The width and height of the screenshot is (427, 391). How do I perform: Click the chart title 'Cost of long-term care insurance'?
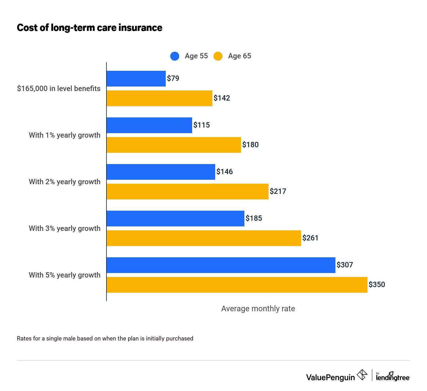tap(89, 28)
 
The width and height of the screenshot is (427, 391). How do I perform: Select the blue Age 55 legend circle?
tap(175, 56)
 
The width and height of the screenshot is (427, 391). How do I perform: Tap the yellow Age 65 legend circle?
tap(218, 56)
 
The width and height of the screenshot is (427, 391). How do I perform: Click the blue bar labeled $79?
tap(136, 79)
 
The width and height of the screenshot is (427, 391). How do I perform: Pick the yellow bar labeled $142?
tap(160, 98)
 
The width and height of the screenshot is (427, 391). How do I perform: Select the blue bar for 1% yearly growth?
tap(149, 125)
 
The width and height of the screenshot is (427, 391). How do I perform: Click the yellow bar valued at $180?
tap(174, 145)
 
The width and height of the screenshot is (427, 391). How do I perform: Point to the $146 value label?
tap(224, 172)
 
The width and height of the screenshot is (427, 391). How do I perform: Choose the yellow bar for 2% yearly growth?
tap(188, 192)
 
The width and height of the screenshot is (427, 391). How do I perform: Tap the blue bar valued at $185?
tap(176, 219)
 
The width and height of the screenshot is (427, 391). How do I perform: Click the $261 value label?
tap(310, 238)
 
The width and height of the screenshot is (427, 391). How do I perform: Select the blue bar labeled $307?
tap(221, 265)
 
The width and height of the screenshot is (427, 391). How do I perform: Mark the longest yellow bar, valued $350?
tap(237, 285)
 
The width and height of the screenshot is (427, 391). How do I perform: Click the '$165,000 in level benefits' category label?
tap(59, 88)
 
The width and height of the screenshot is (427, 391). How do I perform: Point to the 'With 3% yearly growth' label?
tap(65, 228)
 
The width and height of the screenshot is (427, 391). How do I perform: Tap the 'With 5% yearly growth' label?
tap(65, 275)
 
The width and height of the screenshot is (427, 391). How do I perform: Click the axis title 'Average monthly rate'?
tap(258, 309)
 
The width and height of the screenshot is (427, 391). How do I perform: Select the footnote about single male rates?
tap(105, 338)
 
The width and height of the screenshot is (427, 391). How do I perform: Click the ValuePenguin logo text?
tap(330, 377)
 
